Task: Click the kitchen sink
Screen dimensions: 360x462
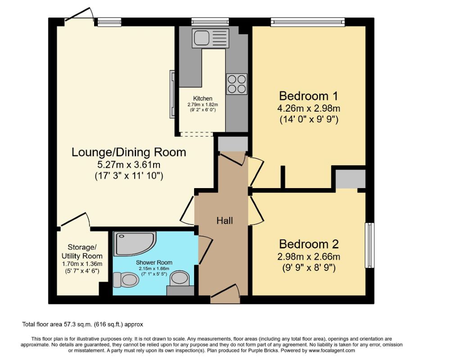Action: pos(211,38)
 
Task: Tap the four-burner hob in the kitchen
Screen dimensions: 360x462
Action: pos(236,84)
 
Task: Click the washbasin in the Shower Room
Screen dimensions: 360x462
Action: pos(181,279)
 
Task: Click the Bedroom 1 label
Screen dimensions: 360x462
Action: pos(308,96)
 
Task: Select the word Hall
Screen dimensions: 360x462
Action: pos(225,220)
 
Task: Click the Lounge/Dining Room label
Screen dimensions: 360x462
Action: pos(129,152)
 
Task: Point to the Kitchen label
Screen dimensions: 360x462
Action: pos(203,99)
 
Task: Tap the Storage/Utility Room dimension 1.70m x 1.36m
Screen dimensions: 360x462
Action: pos(82,264)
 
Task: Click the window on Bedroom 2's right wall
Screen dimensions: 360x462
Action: pos(369,245)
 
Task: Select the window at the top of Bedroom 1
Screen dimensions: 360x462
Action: pos(308,21)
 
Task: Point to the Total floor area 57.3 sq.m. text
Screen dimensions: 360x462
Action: pos(83,324)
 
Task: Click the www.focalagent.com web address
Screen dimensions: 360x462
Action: pos(331,350)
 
